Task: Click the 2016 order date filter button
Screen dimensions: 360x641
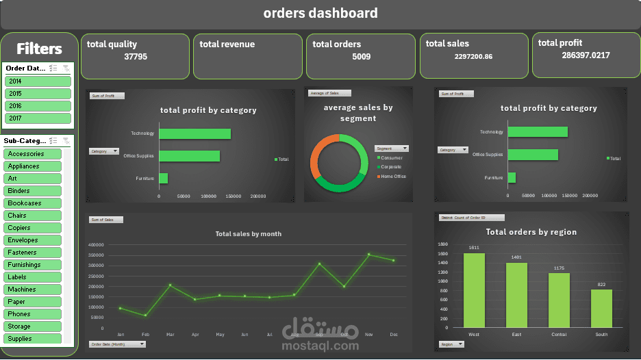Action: coord(38,106)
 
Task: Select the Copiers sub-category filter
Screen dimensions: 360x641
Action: coord(33,228)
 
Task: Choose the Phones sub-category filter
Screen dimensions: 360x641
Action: coord(33,314)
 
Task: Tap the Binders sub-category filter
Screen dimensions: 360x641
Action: coord(33,191)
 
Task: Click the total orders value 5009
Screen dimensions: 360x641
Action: coord(361,57)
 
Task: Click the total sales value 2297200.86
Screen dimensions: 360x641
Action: coord(473,57)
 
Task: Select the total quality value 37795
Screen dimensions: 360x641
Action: coord(136,57)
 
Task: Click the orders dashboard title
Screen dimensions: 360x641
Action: coord(320,13)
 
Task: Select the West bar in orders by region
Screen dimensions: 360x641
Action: coord(474,291)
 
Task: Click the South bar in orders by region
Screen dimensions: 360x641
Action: coord(601,309)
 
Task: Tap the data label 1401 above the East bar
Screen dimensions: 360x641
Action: coord(516,257)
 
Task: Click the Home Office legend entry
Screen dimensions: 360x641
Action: coord(393,177)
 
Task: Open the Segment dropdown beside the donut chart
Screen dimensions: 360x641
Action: coord(392,149)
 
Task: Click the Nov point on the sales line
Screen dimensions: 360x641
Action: coord(369,255)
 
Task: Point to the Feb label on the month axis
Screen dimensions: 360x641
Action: coord(145,335)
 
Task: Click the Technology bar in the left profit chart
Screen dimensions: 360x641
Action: coord(194,133)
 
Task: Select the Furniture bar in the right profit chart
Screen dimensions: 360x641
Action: coord(512,177)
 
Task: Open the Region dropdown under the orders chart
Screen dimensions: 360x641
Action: coord(451,344)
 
